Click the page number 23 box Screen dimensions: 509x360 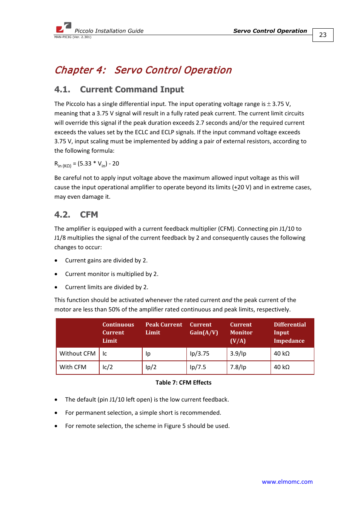tap(323, 35)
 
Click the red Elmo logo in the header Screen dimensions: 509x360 tap(63, 28)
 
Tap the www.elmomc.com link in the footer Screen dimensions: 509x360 tap(287, 481)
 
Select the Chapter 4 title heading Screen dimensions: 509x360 tap(143, 70)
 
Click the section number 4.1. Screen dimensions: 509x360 tap(62, 89)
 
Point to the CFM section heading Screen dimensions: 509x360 tap(89, 215)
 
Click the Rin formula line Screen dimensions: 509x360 tap(87, 164)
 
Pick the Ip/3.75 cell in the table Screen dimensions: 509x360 tap(200, 354)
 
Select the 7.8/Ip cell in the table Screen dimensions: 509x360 tap(238, 367)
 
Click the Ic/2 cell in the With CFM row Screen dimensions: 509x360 tap(108, 367)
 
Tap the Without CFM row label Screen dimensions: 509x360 tap(77, 354)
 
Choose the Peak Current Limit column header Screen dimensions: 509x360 tap(164, 328)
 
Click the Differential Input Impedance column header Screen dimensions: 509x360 tap(290, 333)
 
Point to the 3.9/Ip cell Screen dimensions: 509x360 tap(238, 354)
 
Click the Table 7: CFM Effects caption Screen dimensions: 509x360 tap(183, 382)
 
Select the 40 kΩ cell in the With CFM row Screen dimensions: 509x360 tap(282, 367)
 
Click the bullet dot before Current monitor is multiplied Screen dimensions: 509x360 tap(56, 274)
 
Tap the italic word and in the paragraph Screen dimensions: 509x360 tap(227, 300)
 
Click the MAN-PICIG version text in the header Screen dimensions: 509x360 tap(73, 37)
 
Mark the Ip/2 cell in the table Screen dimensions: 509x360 tap(151, 367)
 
